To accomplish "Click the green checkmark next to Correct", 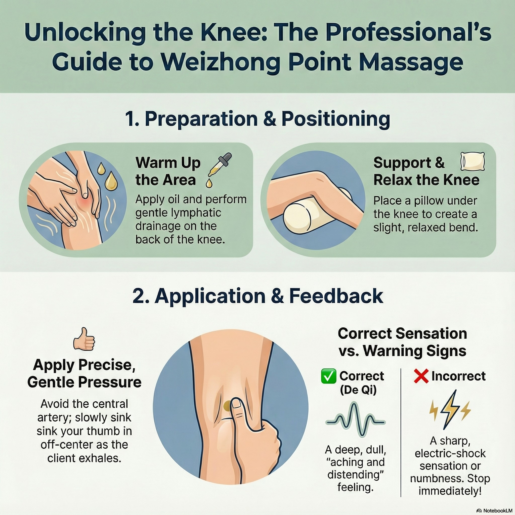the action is pos(329,376).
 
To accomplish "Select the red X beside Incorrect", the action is pos(421,376).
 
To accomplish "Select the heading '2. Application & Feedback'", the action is pos(258,296).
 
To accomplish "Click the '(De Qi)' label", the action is pos(358,390).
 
